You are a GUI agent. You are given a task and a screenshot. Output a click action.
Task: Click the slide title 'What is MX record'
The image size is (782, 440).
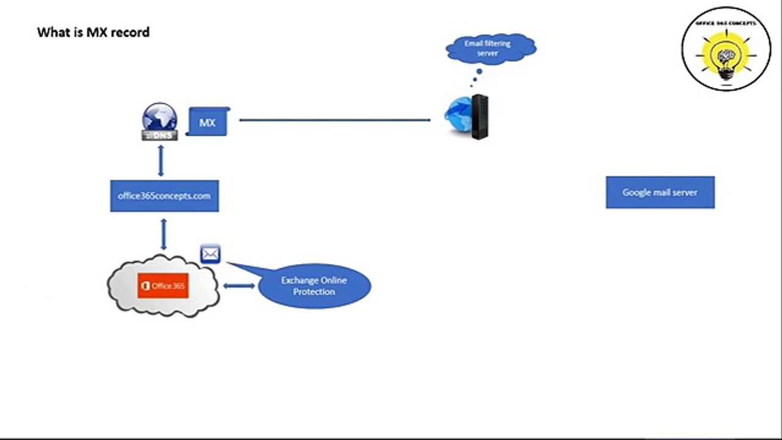[93, 32]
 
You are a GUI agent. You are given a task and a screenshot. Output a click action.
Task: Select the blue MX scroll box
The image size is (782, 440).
[207, 122]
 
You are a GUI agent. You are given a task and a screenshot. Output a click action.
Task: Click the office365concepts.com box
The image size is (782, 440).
[164, 196]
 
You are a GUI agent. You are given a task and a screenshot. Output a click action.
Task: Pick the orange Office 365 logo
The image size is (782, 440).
[163, 286]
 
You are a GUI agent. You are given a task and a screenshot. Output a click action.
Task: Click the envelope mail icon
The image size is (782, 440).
[210, 254]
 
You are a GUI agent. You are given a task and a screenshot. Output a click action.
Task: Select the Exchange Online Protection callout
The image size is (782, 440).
[314, 286]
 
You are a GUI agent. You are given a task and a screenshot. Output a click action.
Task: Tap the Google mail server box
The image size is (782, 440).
[660, 193]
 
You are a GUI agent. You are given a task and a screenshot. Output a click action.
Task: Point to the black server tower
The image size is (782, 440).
[480, 117]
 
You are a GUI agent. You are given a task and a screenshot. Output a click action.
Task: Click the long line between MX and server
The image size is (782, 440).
[335, 120]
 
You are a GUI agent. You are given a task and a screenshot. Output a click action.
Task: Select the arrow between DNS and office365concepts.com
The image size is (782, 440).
[161, 161]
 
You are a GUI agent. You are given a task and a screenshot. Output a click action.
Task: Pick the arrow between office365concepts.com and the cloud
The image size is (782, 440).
[163, 234]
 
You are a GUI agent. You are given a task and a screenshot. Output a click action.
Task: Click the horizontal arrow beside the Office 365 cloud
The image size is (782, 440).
[239, 285]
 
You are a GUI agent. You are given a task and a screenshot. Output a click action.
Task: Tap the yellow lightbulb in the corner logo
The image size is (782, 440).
[726, 58]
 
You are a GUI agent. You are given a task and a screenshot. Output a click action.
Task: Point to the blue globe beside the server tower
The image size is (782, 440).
[458, 114]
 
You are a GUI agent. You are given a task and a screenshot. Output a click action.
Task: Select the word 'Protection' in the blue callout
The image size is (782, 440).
[314, 292]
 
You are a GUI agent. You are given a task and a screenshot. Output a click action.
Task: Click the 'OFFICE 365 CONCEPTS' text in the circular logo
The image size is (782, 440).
[726, 23]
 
